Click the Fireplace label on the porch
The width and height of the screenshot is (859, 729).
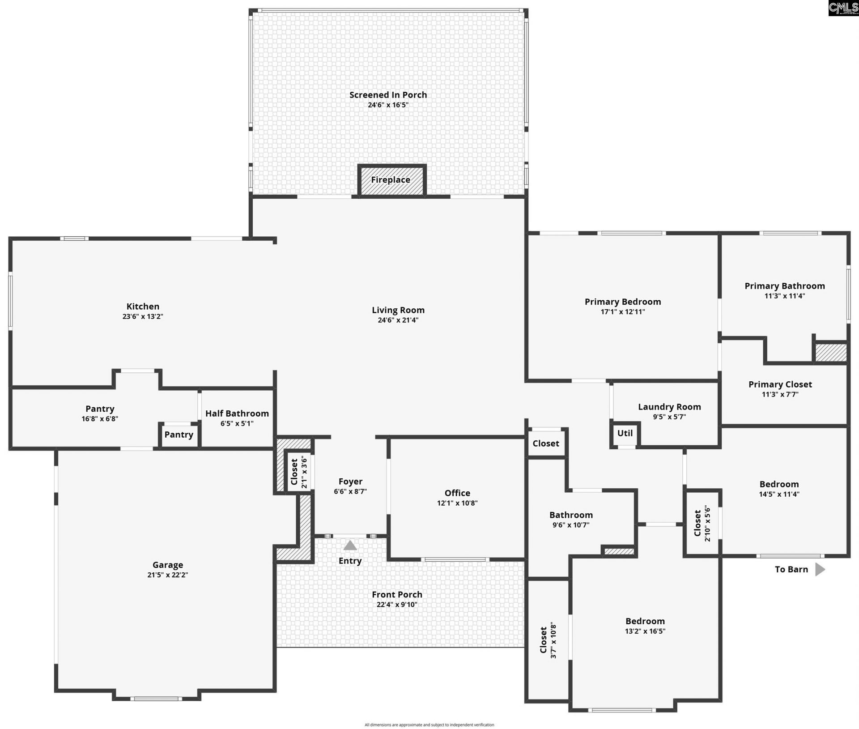391,180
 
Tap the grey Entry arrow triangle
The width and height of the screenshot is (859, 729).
350,546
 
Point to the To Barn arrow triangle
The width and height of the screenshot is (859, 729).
820,569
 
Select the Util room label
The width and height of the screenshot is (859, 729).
625,433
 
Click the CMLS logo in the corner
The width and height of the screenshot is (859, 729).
843,8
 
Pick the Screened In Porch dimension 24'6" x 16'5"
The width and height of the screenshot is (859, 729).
388,105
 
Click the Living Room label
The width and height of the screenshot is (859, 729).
398,310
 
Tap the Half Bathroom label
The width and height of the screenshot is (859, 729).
237,414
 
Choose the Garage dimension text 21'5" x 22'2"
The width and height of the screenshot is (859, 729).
168,575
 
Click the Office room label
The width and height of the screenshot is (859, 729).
457,493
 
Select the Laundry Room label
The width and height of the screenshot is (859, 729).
669,407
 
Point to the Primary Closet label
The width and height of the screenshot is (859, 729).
780,384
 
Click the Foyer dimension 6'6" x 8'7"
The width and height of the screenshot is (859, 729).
350,491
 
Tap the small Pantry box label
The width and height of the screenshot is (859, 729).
179,435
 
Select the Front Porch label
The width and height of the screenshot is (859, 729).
397,595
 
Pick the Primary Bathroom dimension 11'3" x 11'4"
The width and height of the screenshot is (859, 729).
785,296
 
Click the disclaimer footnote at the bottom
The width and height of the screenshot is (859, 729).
429,725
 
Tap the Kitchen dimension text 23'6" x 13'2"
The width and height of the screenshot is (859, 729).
143,316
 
